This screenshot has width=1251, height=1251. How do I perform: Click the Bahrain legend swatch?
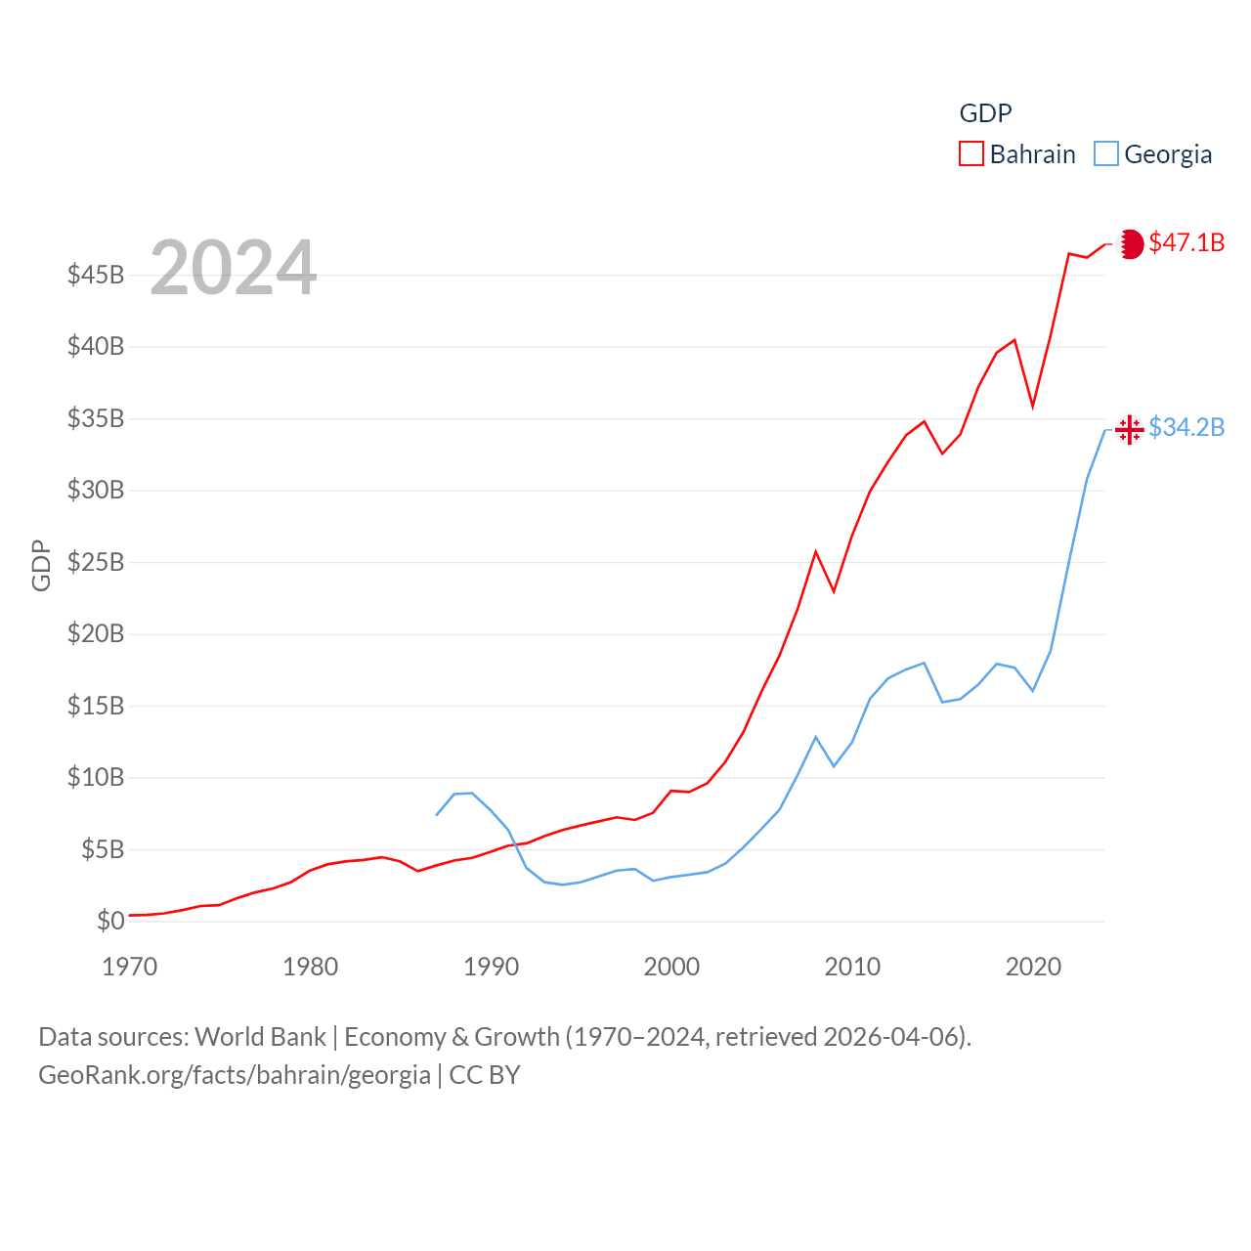coord(971,154)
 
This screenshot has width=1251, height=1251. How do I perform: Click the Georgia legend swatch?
coord(1105,154)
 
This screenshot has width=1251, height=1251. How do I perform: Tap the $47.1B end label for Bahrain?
coord(1186,242)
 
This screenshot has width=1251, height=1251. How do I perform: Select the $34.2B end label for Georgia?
coord(1186,427)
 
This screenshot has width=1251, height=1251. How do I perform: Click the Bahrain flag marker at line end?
coord(1130,243)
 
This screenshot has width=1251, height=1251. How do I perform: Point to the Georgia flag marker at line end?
coord(1130,429)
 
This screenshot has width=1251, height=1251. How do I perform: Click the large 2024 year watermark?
coord(233,268)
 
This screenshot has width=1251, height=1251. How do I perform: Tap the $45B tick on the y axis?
coord(96,275)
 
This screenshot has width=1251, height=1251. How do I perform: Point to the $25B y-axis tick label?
coord(96,562)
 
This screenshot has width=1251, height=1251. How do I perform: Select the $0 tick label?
coord(110,921)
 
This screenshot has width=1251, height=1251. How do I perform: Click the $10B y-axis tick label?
coord(96,778)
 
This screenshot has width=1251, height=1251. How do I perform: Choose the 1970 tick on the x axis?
coord(129,967)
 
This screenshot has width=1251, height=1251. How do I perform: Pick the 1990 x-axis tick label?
coord(491,967)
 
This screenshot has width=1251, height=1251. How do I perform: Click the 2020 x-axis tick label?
coord(1033,967)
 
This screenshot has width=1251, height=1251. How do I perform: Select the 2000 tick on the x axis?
coord(671,967)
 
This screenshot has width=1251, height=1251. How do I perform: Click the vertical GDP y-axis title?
coord(41,565)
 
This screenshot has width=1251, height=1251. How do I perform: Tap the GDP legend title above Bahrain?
coord(985,113)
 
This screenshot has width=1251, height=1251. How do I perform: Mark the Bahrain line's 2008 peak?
coord(815,552)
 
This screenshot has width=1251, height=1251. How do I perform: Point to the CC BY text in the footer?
coord(485,1075)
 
